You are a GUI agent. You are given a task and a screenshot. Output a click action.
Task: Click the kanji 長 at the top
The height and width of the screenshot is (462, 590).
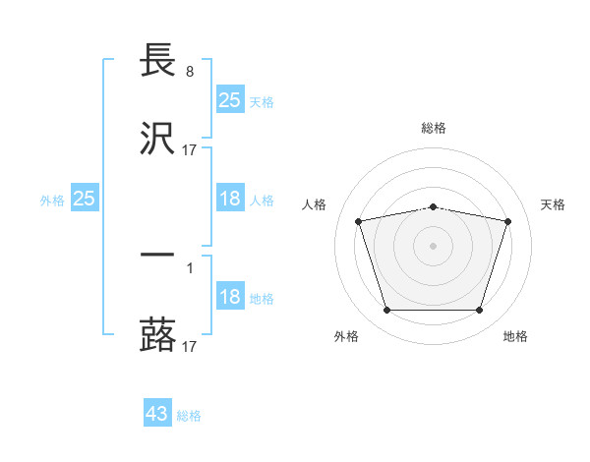pos(158,61)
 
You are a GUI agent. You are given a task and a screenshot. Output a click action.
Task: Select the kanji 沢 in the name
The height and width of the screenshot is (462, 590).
pos(158,139)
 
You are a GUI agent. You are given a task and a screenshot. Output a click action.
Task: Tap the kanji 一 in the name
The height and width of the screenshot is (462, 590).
pos(158,255)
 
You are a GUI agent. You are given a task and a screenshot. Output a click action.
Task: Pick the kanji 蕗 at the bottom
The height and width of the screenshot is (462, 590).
pos(158,334)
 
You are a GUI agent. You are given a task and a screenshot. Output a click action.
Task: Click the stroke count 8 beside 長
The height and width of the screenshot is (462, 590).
pos(189,72)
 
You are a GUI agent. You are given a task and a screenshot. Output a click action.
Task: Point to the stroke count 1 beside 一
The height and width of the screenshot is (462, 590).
pos(189,267)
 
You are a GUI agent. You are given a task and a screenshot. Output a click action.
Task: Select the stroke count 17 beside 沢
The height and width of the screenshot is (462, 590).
pos(190,150)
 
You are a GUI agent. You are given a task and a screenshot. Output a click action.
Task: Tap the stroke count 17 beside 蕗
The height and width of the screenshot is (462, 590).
pos(190,346)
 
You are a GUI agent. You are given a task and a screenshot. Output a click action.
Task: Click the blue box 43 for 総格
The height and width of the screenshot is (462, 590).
pos(157,414)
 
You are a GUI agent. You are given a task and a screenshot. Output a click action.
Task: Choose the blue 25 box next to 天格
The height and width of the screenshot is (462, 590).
pos(229,100)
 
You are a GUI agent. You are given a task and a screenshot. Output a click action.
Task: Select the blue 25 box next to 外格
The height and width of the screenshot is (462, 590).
pos(85,199)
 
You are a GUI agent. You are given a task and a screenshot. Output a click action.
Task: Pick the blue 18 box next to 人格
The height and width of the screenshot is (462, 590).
pos(229,199)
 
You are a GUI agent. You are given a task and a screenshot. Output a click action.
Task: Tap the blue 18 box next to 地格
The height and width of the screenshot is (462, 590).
pos(229,297)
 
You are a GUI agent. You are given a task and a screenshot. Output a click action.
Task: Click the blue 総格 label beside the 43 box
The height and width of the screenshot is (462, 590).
pos(189,416)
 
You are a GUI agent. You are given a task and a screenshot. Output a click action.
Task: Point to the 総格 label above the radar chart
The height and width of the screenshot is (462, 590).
pos(434,128)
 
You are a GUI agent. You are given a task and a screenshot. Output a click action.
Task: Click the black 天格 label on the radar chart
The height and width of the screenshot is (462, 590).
pos(554,204)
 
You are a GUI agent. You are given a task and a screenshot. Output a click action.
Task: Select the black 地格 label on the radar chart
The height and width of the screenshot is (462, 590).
pos(515,336)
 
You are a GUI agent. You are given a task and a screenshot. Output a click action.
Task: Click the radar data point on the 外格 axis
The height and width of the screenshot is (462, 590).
pos(386,311)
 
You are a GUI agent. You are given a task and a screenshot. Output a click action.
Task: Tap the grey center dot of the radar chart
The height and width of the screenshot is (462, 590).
pos(434,245)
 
